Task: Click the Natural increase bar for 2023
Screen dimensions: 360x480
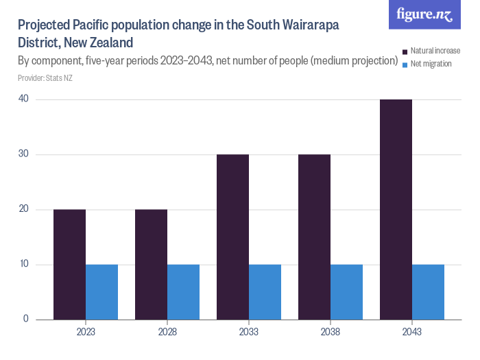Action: [x=69, y=264]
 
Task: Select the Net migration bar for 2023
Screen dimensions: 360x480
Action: [x=101, y=291]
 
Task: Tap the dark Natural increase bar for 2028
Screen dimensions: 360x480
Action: [x=151, y=264]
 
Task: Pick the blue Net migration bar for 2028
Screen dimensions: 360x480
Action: [x=183, y=291]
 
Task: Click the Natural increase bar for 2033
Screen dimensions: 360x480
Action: [x=232, y=237]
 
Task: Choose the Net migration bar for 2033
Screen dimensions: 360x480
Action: [x=265, y=291]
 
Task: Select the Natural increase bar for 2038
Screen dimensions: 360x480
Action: [x=314, y=237]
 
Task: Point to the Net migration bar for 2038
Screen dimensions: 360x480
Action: [x=346, y=291]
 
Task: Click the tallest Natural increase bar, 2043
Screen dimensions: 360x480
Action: [x=396, y=209]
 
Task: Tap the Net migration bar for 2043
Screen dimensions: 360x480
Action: [x=428, y=291]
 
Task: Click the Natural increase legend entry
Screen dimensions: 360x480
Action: [x=435, y=51]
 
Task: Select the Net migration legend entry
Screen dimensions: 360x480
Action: [x=431, y=64]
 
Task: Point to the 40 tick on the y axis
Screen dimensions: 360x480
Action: [x=23, y=99]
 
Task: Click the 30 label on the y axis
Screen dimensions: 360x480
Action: [x=23, y=154]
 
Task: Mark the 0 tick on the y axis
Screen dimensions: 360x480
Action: [x=26, y=319]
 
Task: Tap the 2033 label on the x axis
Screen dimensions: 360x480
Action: [x=249, y=332]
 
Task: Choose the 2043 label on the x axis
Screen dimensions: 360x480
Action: [x=412, y=332]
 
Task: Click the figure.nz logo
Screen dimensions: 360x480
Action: [x=424, y=14]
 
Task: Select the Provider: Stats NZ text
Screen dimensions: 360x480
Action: [x=45, y=78]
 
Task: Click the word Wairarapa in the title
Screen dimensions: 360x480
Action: [x=307, y=26]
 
